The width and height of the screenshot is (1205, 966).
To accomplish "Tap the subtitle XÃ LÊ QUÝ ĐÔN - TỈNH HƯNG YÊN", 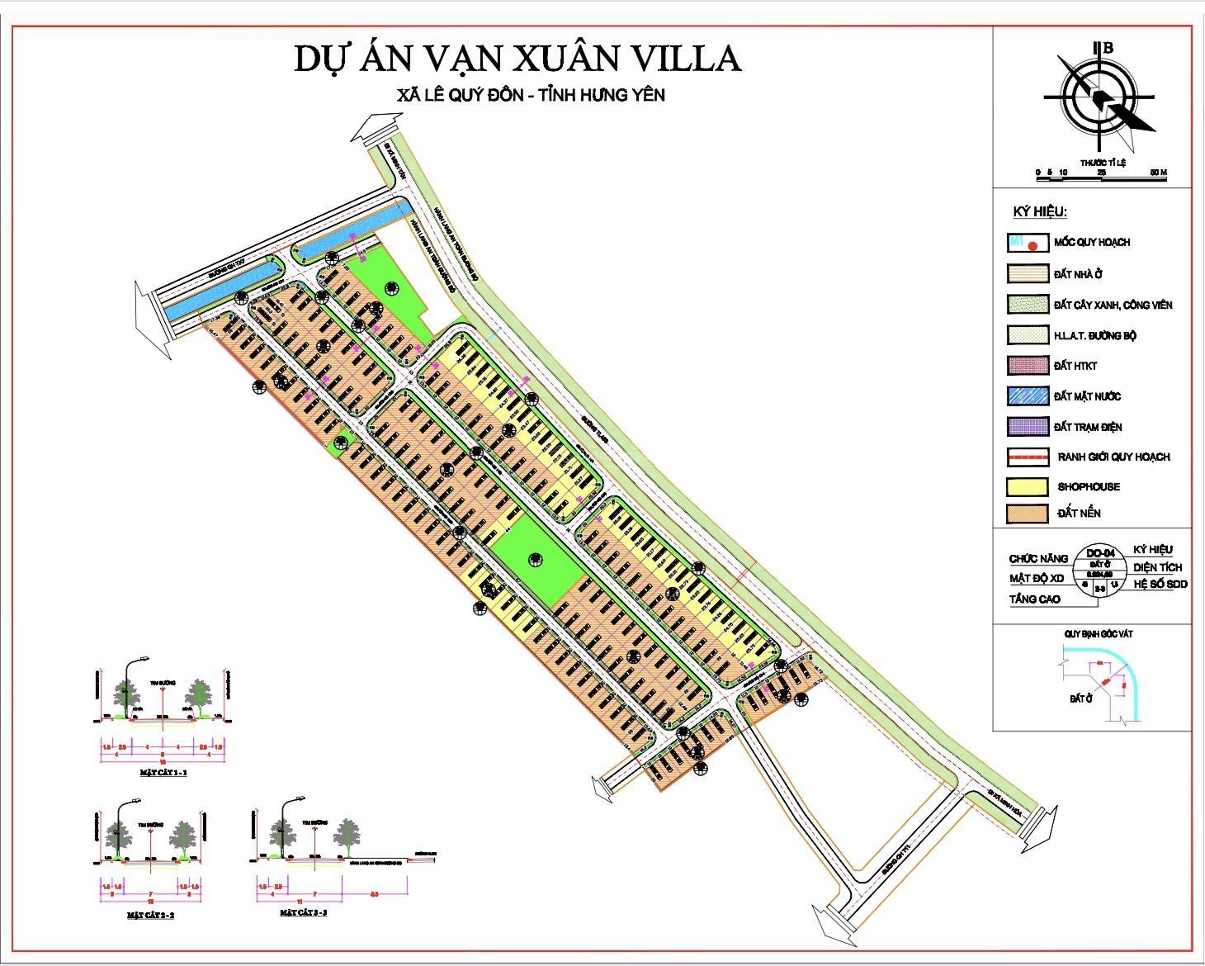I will [x=531, y=95].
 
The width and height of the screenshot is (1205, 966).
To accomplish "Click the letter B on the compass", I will [x=1108, y=48].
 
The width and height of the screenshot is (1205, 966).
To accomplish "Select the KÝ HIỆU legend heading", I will [x=1040, y=212].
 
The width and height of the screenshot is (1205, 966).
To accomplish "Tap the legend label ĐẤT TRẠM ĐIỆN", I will [x=1087, y=427].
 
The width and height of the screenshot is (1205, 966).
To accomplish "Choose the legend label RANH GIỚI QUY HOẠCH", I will [x=1113, y=457].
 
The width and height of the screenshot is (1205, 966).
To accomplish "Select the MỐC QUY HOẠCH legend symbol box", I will [x=1027, y=243].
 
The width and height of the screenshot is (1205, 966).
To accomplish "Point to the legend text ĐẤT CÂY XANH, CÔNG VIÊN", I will [x=1112, y=305].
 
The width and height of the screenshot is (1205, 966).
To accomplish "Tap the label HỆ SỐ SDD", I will [x=1160, y=584].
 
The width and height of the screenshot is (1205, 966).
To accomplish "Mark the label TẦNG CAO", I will [x=1034, y=599].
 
